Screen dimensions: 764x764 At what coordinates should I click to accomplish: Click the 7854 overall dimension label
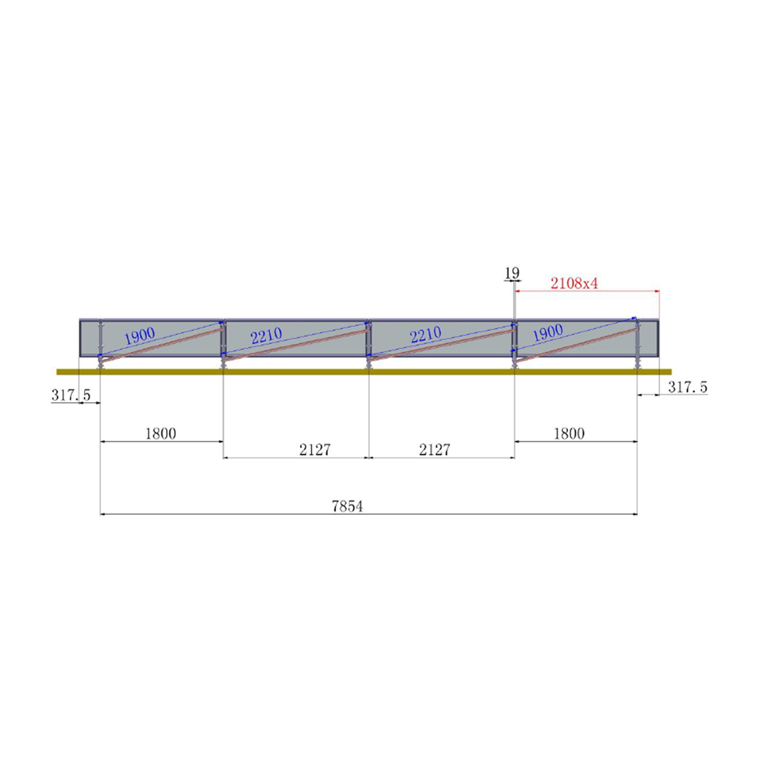click(347, 506)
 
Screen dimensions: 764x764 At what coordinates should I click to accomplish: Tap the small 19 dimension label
click(512, 273)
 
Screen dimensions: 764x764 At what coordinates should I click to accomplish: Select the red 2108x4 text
click(574, 283)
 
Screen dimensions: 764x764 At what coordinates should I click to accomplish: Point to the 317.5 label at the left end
click(71, 395)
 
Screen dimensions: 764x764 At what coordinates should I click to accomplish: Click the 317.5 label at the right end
click(688, 386)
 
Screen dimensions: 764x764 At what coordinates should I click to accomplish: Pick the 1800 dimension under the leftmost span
click(160, 434)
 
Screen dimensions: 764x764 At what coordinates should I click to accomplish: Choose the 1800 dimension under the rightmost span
click(569, 434)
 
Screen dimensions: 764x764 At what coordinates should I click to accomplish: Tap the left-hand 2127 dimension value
click(315, 449)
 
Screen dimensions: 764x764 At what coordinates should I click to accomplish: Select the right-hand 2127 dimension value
click(434, 449)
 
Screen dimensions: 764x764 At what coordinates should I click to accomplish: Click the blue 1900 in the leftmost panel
click(139, 336)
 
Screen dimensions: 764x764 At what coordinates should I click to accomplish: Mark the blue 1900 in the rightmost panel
click(548, 332)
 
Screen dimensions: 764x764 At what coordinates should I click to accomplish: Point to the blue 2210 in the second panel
click(266, 336)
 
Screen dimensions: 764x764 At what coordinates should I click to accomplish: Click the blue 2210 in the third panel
click(425, 335)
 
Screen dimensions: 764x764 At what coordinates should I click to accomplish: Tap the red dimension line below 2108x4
click(586, 292)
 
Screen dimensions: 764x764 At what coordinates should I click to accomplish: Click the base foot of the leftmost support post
click(100, 365)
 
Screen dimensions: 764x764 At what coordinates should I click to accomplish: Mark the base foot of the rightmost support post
click(637, 365)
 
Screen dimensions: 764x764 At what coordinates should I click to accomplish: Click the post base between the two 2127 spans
click(369, 365)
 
